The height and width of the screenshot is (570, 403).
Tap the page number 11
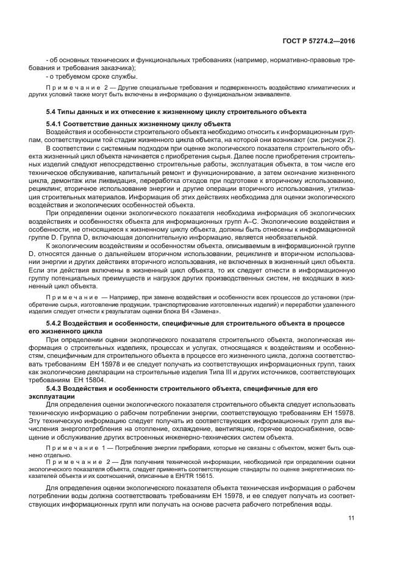coord(352,518)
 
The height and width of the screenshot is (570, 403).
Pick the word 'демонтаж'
coord(80,181)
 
